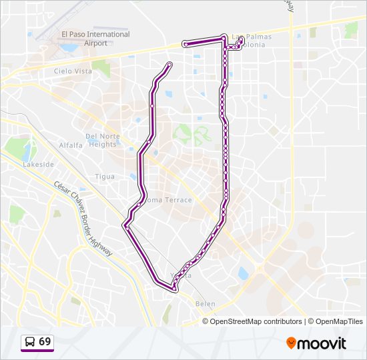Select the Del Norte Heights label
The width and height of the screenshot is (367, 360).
point(102,140)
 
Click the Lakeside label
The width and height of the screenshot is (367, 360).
point(38,164)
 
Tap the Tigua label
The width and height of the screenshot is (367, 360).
point(105,177)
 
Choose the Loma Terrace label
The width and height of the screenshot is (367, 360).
point(168,200)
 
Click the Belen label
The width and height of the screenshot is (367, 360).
point(206,304)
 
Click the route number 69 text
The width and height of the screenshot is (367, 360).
point(45,341)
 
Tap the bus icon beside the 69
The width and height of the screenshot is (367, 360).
point(30,342)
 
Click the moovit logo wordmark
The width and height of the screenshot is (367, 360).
point(322,343)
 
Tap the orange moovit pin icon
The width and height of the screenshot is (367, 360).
point(292,343)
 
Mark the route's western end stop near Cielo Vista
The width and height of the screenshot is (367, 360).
point(169,64)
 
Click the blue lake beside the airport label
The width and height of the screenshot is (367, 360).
point(69,48)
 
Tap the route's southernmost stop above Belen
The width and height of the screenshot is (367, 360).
point(175,289)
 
